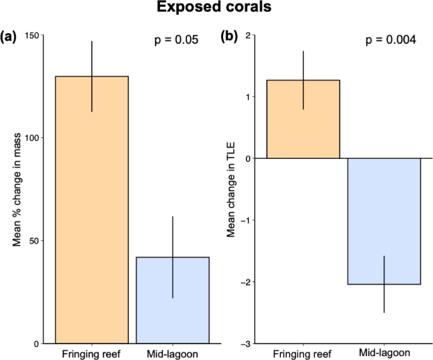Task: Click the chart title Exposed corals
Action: click(217, 9)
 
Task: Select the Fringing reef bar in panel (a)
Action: click(92, 209)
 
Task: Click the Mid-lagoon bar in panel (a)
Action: click(173, 300)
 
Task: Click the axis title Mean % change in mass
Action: click(18, 190)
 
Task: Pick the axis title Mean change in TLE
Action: click(231, 190)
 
